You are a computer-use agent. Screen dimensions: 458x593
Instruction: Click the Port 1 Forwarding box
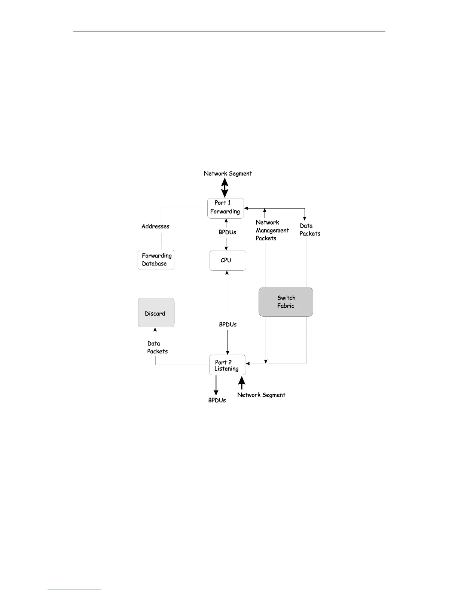tap(226, 208)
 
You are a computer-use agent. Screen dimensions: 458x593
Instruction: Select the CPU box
tap(228, 260)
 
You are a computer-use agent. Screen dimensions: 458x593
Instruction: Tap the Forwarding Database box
tap(156, 260)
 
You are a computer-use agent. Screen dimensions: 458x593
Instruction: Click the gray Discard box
tap(156, 313)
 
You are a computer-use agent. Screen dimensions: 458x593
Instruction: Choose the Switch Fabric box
tap(286, 302)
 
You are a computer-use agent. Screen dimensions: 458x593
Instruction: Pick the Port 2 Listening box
tap(227, 365)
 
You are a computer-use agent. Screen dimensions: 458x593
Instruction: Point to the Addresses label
tap(155, 226)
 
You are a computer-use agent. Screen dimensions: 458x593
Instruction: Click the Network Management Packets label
tap(272, 230)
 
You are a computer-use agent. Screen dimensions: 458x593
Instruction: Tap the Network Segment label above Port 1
tap(228, 174)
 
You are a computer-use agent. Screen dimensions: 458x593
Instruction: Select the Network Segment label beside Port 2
tap(261, 395)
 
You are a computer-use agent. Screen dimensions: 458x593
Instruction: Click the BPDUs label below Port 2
tap(217, 401)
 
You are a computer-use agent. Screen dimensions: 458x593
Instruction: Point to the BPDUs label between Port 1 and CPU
tap(228, 232)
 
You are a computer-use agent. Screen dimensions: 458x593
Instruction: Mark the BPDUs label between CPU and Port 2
tap(228, 325)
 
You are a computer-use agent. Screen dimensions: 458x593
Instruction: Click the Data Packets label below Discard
tap(157, 347)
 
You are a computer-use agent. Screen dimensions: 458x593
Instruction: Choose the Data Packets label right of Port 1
tap(310, 229)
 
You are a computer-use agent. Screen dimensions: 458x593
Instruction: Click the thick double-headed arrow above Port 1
tap(225, 188)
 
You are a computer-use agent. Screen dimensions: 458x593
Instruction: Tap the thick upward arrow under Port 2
tap(242, 383)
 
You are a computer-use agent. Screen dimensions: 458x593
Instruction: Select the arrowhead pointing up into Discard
tap(155, 330)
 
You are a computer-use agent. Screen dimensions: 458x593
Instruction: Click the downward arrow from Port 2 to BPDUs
tap(216, 386)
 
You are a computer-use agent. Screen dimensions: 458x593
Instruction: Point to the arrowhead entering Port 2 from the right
tap(248, 364)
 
